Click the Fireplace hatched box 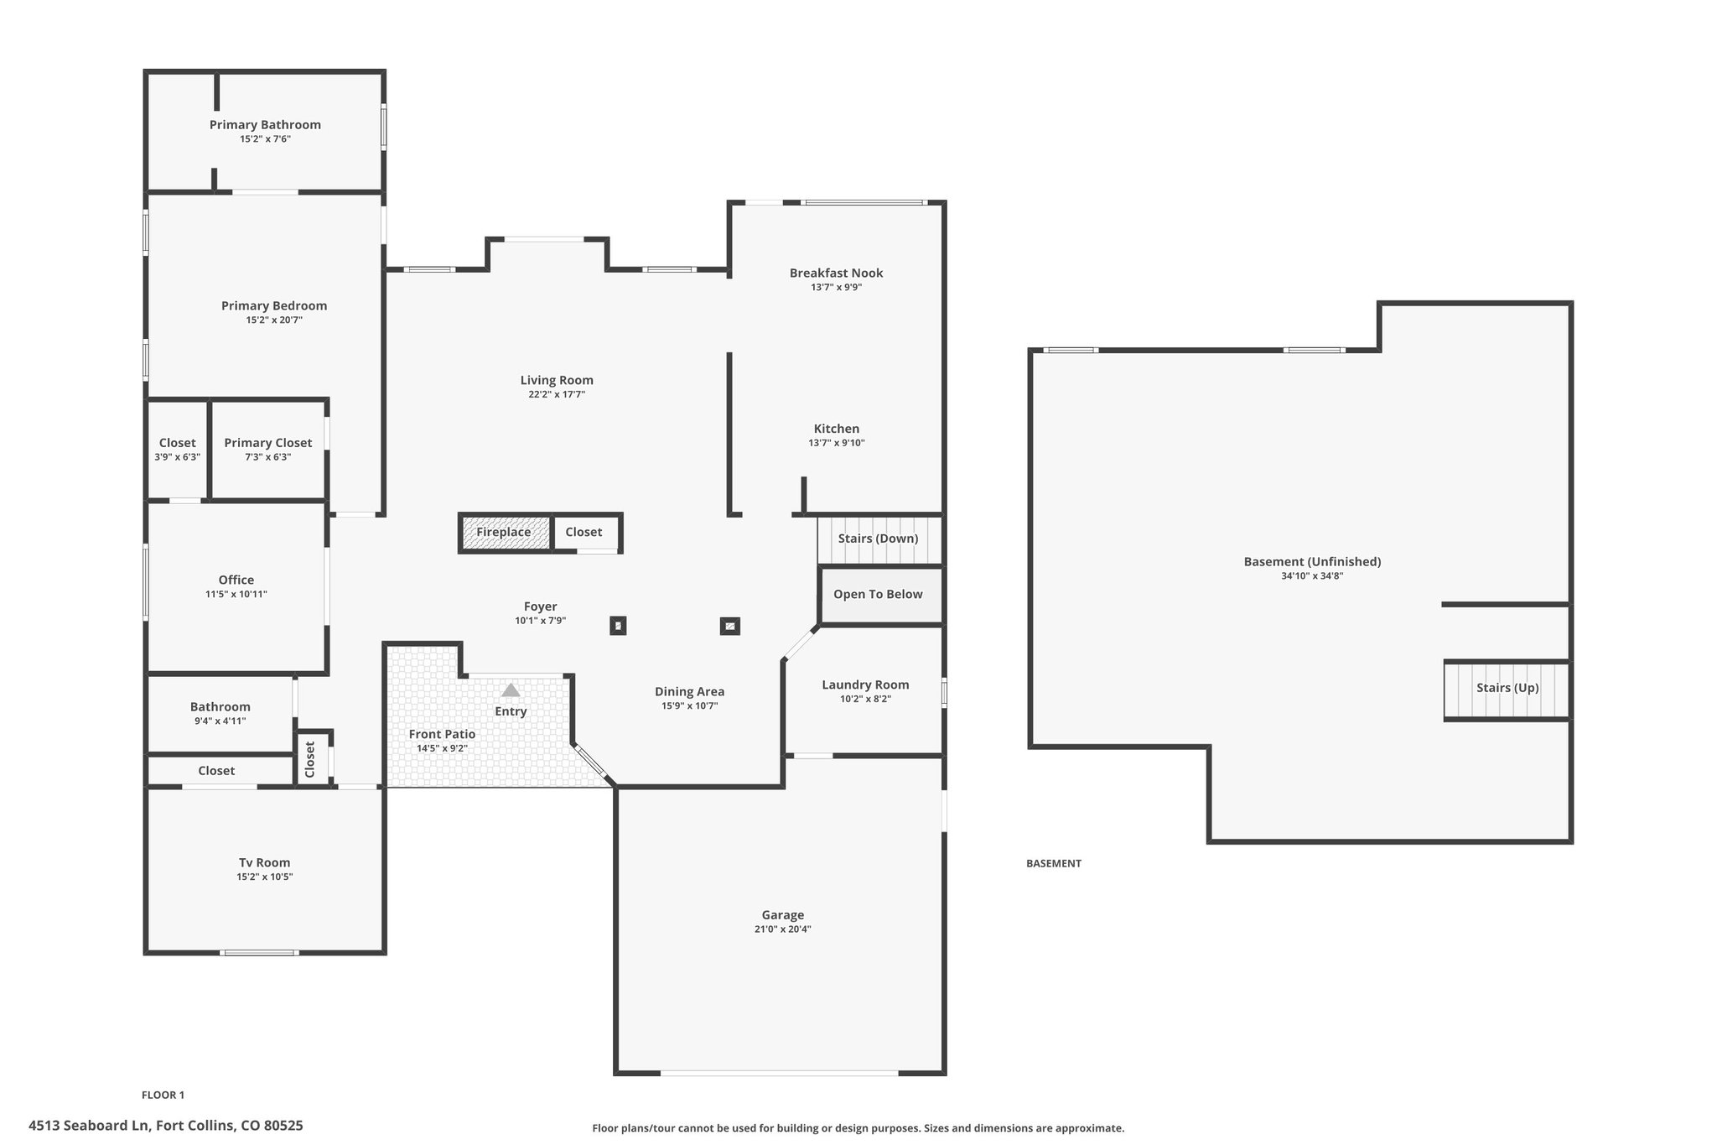tap(506, 533)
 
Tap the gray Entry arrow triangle tap(511, 690)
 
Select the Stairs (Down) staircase tap(879, 539)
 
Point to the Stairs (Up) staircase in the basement tap(1507, 690)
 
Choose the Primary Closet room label tap(268, 443)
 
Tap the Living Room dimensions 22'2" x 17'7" tap(557, 394)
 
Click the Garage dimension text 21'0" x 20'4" tap(783, 929)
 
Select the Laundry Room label tap(865, 684)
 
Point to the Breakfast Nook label tap(836, 273)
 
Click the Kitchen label tap(837, 429)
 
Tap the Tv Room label tap(265, 862)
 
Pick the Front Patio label tap(443, 734)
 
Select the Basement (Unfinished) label tap(1312, 562)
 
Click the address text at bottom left tap(166, 1126)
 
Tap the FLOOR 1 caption tap(163, 1095)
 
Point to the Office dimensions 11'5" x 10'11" tap(236, 594)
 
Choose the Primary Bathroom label tap(265, 125)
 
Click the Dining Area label tap(690, 692)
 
